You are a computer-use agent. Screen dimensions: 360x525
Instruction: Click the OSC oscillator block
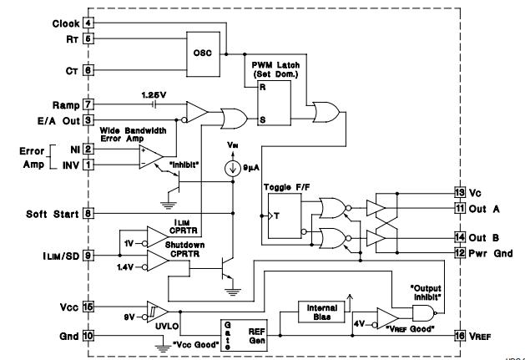point(203,53)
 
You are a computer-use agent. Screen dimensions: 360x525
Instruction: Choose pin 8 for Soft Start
point(88,213)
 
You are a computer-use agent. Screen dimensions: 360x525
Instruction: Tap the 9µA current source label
point(245,168)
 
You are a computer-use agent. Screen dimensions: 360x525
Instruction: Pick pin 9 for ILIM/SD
point(88,254)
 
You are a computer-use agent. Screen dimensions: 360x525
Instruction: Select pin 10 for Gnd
point(88,335)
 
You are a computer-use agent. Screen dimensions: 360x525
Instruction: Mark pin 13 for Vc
point(458,191)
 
